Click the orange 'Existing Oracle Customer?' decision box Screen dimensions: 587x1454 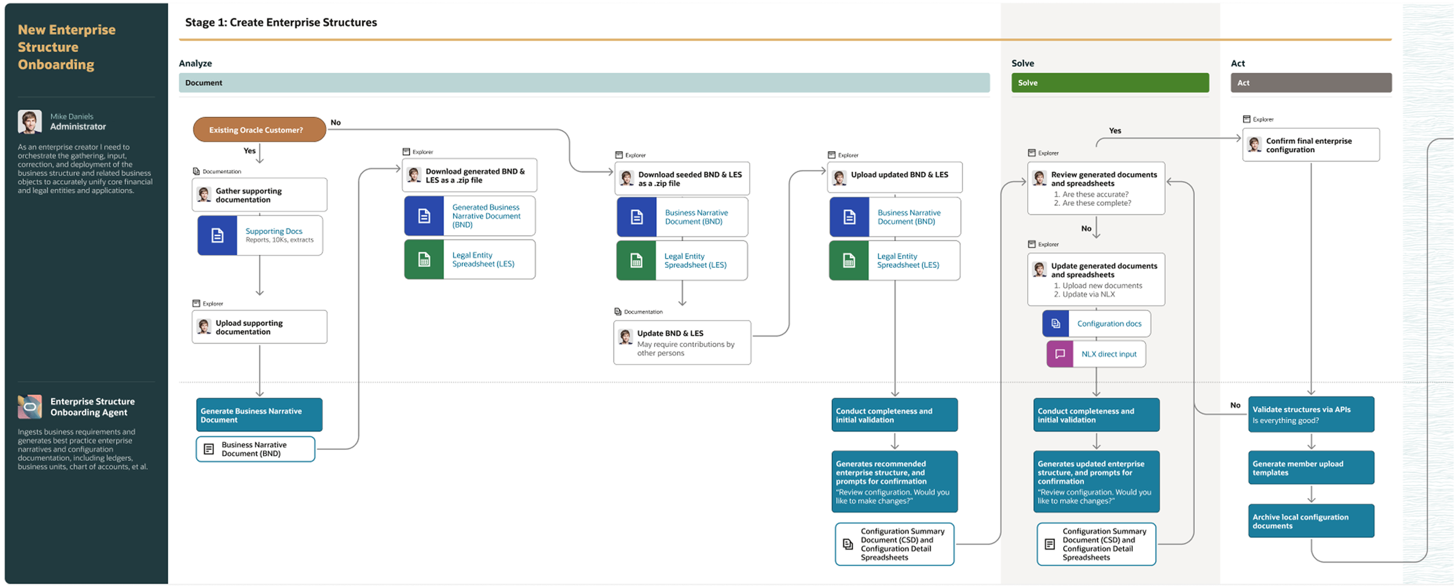point(259,130)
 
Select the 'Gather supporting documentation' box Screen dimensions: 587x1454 point(259,195)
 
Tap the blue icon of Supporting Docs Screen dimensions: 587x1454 point(217,235)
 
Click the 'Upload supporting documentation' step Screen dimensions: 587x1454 point(259,327)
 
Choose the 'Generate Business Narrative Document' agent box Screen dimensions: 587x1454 point(259,414)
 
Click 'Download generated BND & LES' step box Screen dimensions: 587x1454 point(469,176)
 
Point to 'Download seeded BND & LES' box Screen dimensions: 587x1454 point(682,178)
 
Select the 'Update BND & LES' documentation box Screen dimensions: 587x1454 point(682,342)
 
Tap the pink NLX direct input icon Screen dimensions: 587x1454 point(1060,354)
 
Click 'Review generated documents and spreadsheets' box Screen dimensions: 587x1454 point(1096,188)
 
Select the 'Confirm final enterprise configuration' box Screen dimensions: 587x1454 point(1310,145)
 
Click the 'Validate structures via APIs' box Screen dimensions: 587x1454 point(1311,414)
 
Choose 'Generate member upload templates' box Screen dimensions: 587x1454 point(1311,468)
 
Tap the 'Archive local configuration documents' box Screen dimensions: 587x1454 point(1311,521)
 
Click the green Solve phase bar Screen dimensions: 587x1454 point(1110,83)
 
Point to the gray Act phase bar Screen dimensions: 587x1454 point(1311,83)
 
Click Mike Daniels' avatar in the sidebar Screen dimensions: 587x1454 point(30,121)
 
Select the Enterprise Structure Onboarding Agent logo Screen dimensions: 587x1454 point(30,406)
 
